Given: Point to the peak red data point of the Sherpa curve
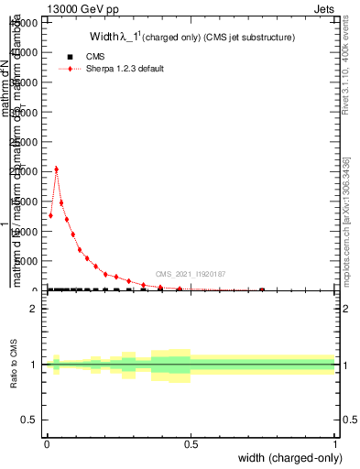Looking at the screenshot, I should [x=57, y=169].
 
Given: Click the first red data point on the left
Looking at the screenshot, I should [x=50, y=215].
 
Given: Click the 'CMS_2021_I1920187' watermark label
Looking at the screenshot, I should [x=191, y=274].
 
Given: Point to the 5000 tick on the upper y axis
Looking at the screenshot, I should [x=34, y=261].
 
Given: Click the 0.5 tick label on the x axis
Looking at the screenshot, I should [x=191, y=444].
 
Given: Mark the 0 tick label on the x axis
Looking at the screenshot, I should [x=47, y=444].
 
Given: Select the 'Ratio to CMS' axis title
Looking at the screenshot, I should [x=14, y=365].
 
